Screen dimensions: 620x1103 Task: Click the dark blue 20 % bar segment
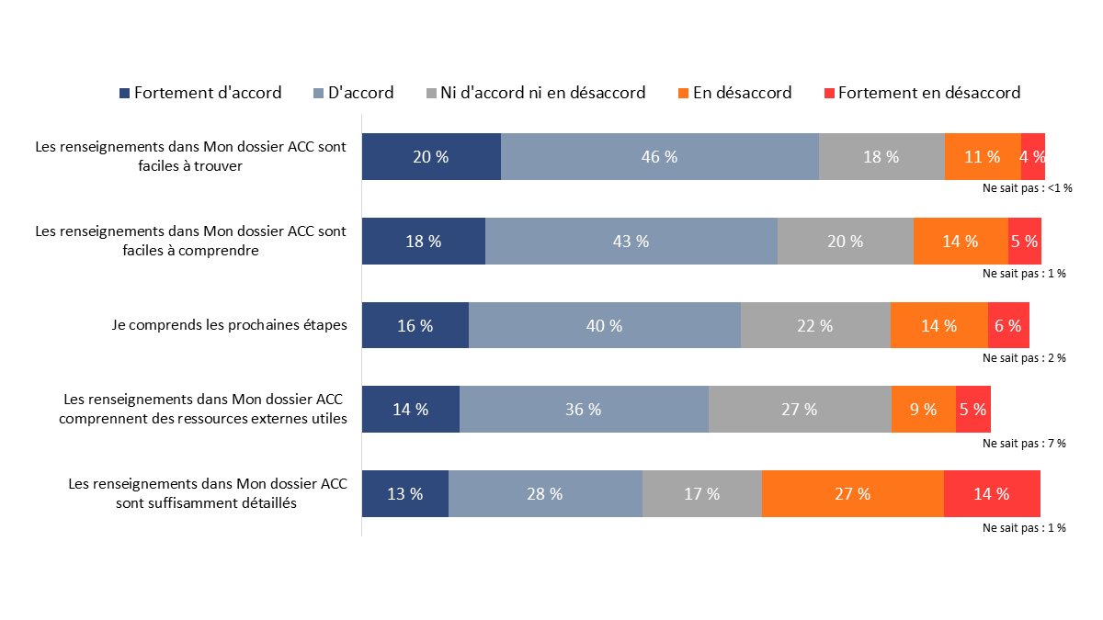[431, 156]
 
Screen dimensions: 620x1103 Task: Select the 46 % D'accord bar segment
[659, 156]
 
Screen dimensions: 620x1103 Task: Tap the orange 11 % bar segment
[982, 156]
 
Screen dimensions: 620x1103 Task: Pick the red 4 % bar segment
[1032, 156]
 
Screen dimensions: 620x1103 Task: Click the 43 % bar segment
[631, 242]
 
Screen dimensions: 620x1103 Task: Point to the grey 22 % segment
[814, 325]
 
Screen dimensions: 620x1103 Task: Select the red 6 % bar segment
[1007, 325]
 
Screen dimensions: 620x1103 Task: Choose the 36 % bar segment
[584, 410]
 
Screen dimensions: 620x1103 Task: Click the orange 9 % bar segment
[923, 410]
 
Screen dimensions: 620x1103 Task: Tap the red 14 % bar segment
[991, 494]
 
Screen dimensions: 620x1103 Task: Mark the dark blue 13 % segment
[404, 494]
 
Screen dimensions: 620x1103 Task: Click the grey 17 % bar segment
[701, 494]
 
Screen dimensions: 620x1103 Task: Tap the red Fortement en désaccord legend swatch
[829, 94]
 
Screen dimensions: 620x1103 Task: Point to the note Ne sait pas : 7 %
[1024, 444]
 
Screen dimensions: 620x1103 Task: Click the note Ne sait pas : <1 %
[1027, 188]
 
